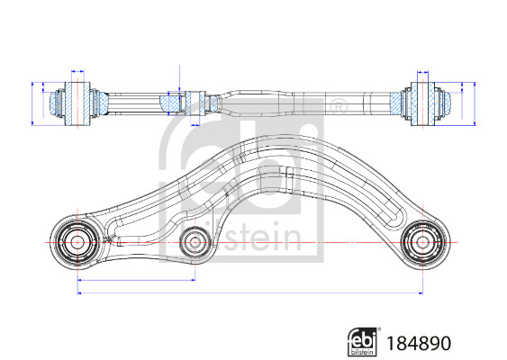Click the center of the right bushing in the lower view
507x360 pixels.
click(x=421, y=241)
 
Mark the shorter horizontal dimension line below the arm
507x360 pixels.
click(x=136, y=281)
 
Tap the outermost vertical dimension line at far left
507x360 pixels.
click(x=32, y=101)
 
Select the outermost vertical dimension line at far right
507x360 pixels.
click(x=474, y=101)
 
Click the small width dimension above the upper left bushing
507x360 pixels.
click(x=78, y=70)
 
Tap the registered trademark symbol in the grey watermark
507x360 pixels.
click(x=339, y=109)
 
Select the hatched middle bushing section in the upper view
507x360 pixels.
click(x=173, y=103)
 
